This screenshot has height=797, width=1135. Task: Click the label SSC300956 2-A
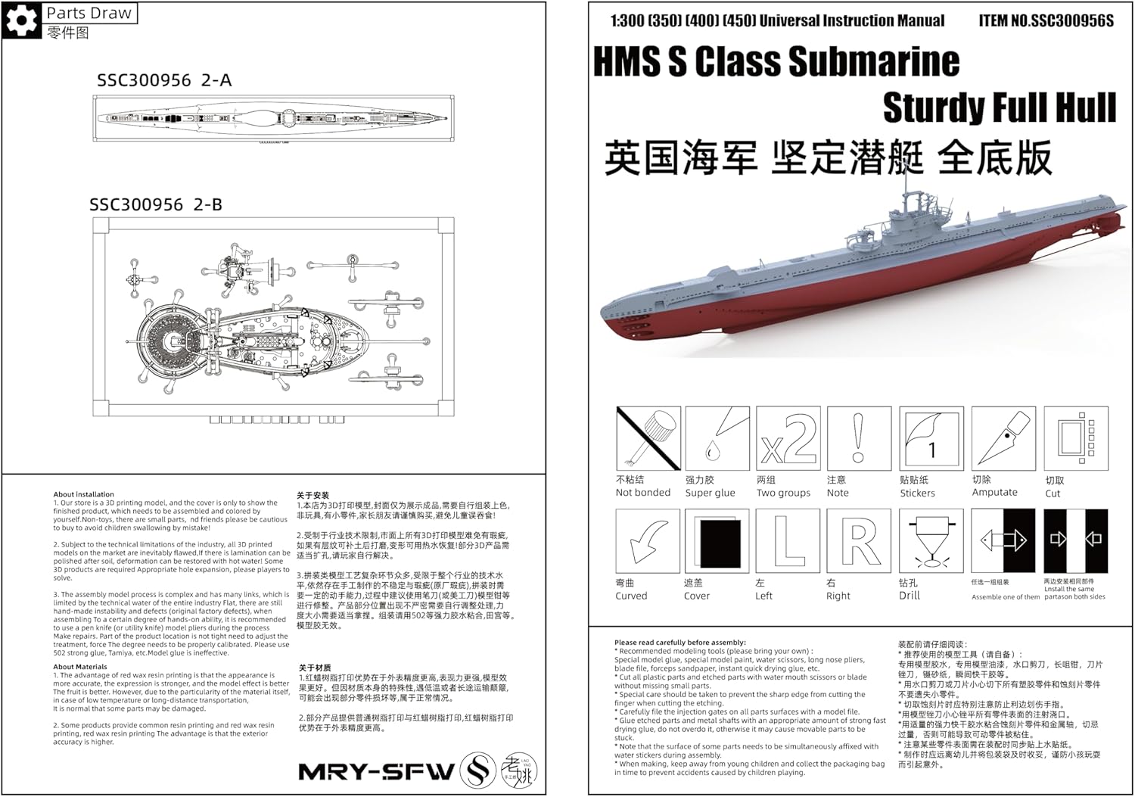point(164,80)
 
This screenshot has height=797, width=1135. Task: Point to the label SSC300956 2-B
point(156,204)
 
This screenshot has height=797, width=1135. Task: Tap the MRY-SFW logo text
point(376,772)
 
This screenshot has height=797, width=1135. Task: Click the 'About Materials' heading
point(80,667)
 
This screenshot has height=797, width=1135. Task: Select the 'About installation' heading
point(83,494)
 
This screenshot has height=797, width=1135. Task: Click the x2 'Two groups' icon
point(788,438)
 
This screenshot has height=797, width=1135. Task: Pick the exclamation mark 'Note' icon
point(858,438)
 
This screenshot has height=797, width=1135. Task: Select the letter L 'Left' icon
point(788,540)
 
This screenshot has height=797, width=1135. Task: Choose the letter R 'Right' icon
point(858,540)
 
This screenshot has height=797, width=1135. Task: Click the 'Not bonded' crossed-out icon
point(648,438)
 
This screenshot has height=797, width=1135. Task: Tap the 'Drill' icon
point(931,540)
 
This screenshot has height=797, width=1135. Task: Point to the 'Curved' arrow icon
point(648,540)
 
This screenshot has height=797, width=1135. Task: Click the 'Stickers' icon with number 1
point(931,438)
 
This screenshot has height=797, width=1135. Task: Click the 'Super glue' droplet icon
point(717,438)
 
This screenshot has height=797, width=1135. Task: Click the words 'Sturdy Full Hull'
point(999,107)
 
